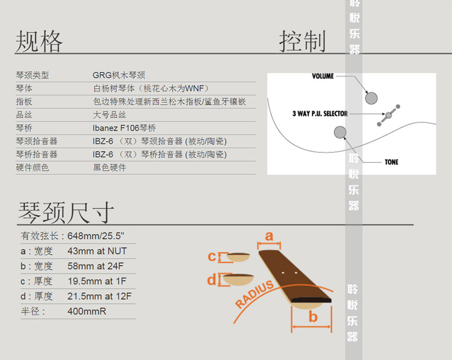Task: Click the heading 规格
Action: point(39,41)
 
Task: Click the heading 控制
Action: point(302,41)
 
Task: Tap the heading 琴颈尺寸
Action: point(66,212)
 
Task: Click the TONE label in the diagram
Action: point(391,162)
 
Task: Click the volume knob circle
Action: point(371,97)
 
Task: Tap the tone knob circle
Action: point(340,133)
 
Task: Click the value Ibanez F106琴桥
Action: point(124,128)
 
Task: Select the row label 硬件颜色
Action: point(33,168)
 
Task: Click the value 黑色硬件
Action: point(109,168)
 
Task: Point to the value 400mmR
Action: point(87,311)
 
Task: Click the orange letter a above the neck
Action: point(269,236)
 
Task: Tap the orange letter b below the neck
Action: point(313,317)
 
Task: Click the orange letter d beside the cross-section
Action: point(212,280)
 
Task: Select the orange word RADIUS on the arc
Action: point(255,294)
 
